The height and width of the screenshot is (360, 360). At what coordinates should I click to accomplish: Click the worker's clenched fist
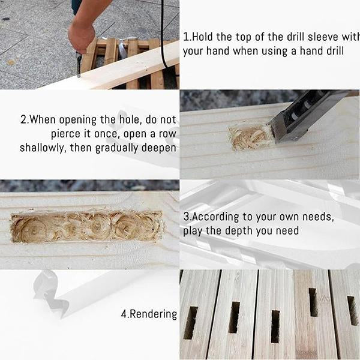pyautogui.click(x=81, y=38)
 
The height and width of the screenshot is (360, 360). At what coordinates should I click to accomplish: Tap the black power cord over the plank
pyautogui.click(x=163, y=34)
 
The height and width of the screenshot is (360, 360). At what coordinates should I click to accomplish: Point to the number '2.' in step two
pyautogui.click(x=25, y=120)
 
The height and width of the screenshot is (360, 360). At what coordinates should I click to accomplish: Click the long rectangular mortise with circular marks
pyautogui.click(x=87, y=226)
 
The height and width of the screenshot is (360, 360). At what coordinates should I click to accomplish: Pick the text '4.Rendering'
pyautogui.click(x=149, y=314)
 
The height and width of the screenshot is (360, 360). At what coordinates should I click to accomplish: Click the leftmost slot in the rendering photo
pyautogui.click(x=191, y=323)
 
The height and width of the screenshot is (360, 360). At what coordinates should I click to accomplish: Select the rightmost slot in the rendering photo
pyautogui.click(x=353, y=310)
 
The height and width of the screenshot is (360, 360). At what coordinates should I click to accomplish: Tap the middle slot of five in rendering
pyautogui.click(x=275, y=326)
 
